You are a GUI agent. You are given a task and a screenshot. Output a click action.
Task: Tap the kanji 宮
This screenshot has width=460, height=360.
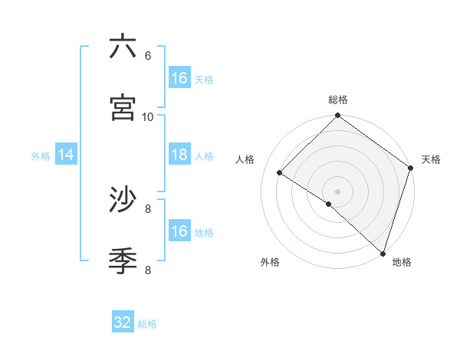coord(123,108)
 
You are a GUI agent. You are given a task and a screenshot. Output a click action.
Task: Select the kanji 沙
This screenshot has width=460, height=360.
coord(123,200)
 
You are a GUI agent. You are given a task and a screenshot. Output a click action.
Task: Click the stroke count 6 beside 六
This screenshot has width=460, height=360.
coord(148,55)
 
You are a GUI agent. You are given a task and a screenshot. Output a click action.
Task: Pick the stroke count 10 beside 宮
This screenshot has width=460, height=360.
coord(148,116)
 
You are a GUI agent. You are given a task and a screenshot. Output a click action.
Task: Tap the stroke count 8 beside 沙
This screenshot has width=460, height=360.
coord(148,208)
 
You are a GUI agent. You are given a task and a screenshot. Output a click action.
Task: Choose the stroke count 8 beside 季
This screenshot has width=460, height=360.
coord(148,270)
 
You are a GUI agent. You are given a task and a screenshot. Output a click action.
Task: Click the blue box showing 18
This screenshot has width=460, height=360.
coord(179,155)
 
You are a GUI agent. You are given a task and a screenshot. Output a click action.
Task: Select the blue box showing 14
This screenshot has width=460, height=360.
coord(66,155)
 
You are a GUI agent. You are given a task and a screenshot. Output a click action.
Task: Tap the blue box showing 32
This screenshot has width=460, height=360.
coord(123,323)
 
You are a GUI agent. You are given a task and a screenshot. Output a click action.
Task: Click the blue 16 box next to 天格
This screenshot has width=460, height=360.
coord(179,78)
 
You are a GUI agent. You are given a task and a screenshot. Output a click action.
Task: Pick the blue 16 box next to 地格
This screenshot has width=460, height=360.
coord(179,231)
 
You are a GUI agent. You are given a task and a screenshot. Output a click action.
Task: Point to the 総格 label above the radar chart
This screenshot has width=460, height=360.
coord(338,100)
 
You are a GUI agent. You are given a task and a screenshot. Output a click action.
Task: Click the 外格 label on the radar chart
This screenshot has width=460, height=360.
coord(270,262)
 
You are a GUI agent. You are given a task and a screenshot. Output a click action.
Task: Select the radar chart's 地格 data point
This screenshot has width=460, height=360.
coord(383,253)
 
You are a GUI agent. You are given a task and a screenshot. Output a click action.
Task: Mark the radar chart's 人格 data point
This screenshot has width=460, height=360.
coord(280,173)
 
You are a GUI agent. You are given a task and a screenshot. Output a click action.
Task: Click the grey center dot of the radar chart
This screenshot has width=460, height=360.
coord(338,191)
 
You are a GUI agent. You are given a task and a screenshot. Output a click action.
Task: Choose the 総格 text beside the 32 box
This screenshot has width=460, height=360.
coord(147,324)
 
